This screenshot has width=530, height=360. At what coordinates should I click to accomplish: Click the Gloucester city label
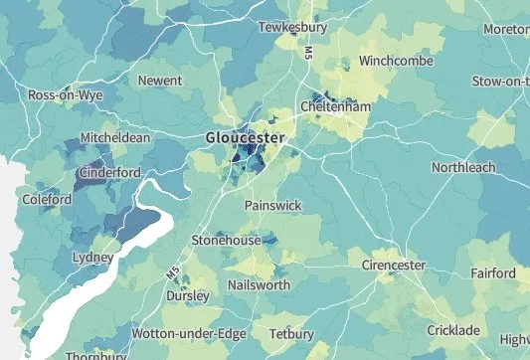(245, 137)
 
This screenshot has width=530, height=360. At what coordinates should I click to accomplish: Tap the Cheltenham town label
(335, 107)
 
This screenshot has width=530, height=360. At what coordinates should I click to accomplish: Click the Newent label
(160, 80)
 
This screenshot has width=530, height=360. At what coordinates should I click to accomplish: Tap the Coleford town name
(46, 200)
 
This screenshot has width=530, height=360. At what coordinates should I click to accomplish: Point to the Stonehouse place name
(226, 241)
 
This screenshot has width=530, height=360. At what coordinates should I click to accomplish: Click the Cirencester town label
(393, 266)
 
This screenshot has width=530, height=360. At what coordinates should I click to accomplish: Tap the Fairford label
(487, 273)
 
